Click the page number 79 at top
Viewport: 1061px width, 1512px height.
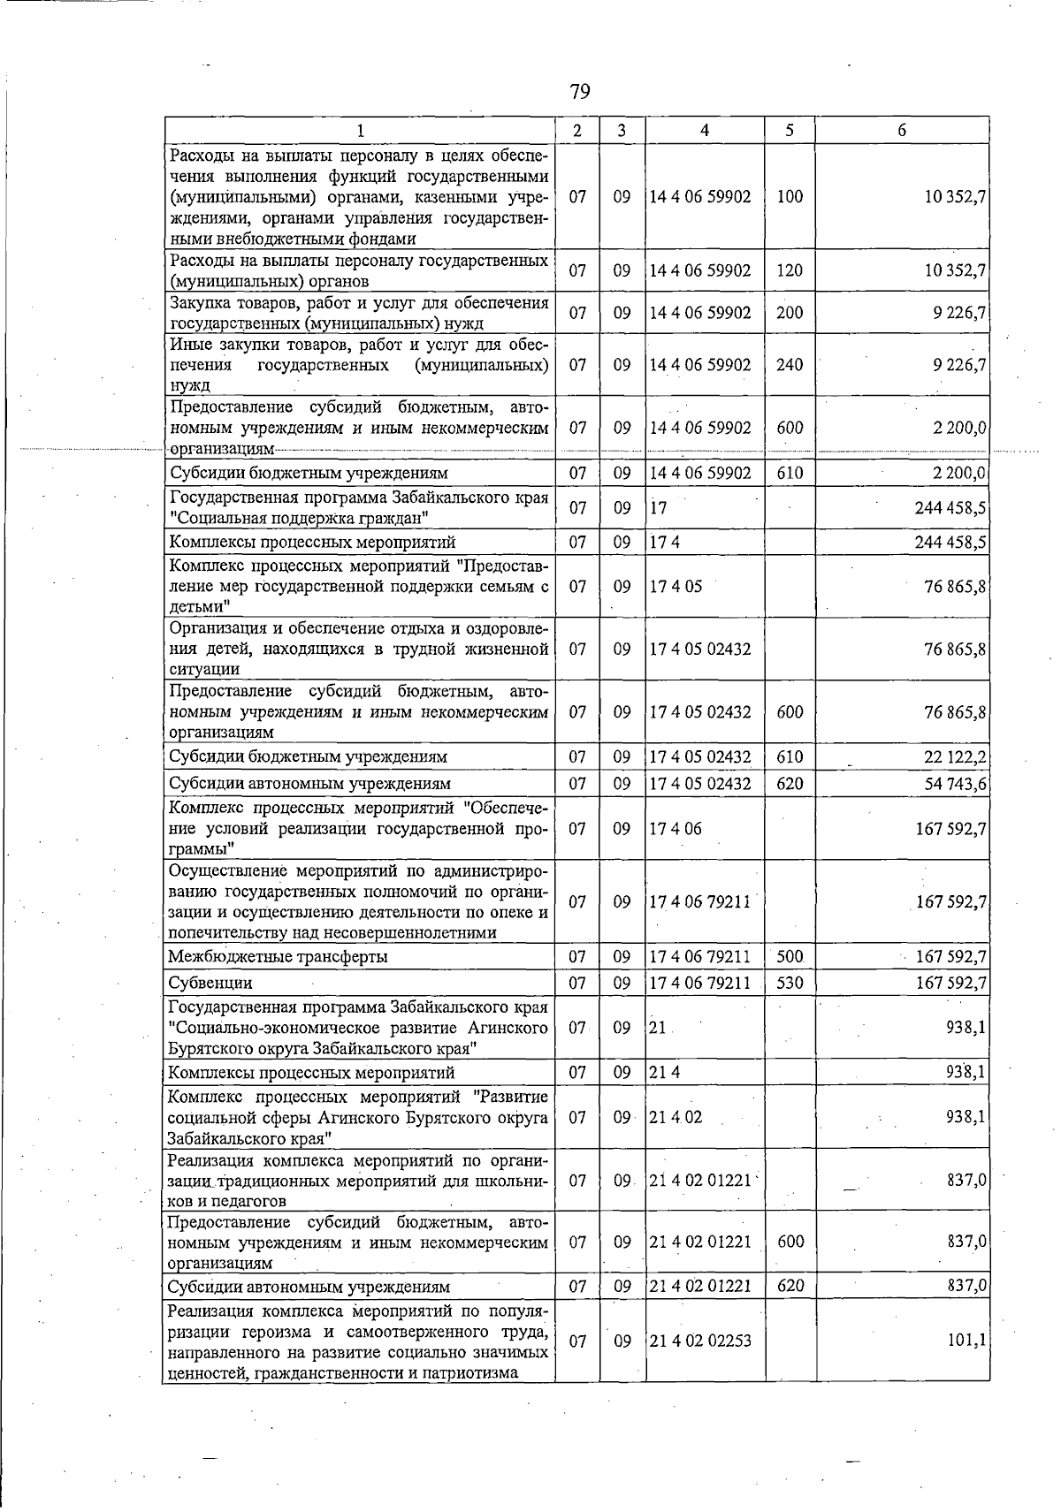[x=579, y=91]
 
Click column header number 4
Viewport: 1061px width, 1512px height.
[x=704, y=130]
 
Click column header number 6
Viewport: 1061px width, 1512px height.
[x=901, y=130]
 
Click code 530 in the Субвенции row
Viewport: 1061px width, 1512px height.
[x=789, y=983]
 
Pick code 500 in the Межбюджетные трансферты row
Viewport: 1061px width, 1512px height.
[x=789, y=956]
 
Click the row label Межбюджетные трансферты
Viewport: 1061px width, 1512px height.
[x=279, y=956]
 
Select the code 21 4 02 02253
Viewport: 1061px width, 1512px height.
[x=700, y=1341]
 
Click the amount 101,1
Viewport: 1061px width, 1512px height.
[x=966, y=1341]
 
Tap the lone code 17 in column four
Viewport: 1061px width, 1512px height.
[x=658, y=508]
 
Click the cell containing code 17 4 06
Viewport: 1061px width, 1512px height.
[x=676, y=828]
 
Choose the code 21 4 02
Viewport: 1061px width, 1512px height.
[x=676, y=1116]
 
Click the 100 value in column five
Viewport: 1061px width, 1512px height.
[x=789, y=196]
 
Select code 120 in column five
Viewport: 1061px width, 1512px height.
[x=789, y=270]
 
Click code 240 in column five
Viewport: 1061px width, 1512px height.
[x=789, y=364]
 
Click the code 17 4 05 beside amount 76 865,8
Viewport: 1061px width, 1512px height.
[x=676, y=585]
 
